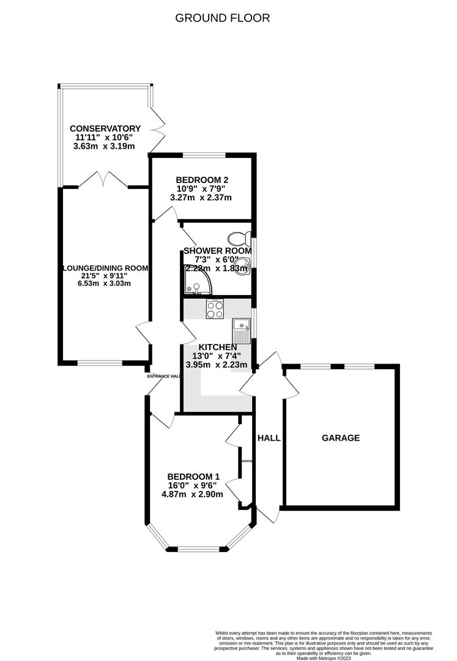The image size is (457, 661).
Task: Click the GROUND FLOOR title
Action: point(223,18)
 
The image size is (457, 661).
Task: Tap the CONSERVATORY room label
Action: point(105,129)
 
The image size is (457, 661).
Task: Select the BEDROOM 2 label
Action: point(202,179)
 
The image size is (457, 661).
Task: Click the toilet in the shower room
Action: point(237,237)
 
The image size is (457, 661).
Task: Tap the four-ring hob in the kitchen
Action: point(215,310)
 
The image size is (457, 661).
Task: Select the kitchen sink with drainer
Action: point(241,330)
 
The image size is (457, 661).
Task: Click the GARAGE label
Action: point(341,438)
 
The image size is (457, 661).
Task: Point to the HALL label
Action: point(269,438)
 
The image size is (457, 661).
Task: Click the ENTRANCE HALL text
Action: point(163,376)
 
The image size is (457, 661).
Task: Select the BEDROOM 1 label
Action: point(193,476)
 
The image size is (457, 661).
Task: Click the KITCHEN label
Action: point(217,347)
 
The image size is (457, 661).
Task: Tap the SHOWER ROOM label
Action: point(218,251)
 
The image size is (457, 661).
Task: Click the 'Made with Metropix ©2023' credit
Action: point(324,658)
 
